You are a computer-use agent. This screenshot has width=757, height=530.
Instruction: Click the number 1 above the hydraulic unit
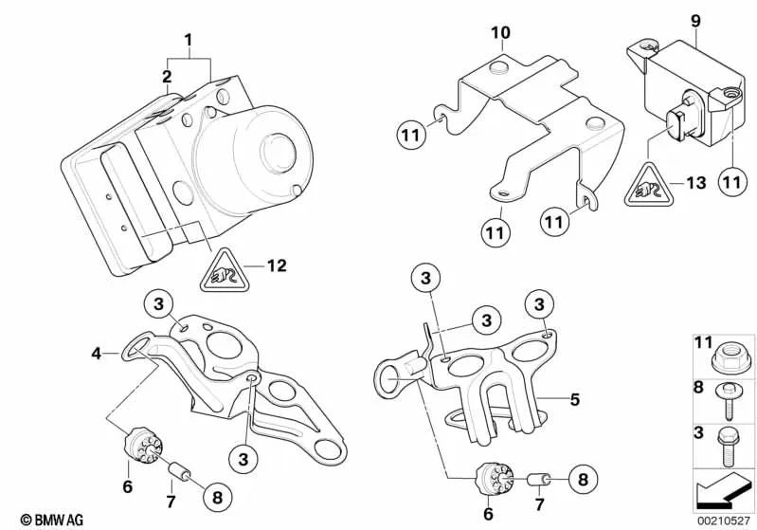pyautogui.click(x=188, y=41)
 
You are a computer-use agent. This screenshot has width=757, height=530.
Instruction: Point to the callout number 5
pyautogui.click(x=574, y=399)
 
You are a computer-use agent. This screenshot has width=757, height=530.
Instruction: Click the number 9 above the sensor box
pyautogui.click(x=695, y=19)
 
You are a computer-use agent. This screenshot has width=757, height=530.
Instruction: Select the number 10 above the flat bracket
pyautogui.click(x=500, y=33)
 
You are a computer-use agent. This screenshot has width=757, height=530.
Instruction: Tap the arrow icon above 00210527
pyautogui.click(x=725, y=494)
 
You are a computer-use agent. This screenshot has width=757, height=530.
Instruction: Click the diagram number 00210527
pyautogui.click(x=724, y=519)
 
